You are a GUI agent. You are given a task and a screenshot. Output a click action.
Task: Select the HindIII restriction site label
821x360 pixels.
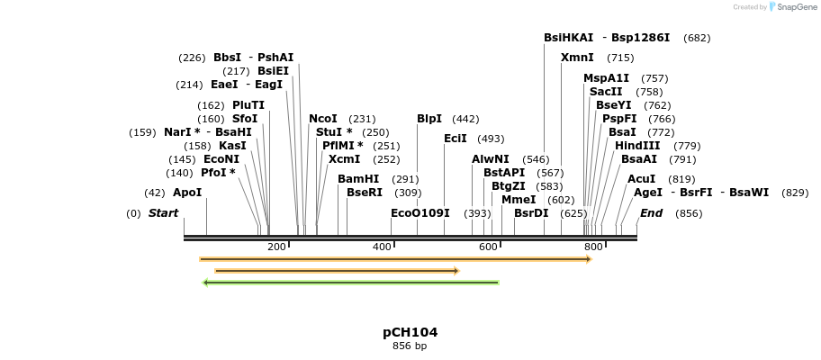point(637,146)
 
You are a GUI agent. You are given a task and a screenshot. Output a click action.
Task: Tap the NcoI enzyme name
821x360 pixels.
point(323,119)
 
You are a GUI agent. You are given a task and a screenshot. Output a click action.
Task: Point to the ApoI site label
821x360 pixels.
point(187,193)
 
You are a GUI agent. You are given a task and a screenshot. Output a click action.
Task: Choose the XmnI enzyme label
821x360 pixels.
point(577,58)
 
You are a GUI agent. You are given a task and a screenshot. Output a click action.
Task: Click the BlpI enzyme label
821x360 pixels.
point(429,119)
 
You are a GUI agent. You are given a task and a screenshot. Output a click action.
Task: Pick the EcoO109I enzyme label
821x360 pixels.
point(420,213)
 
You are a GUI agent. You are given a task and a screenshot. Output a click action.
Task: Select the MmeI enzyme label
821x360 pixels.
point(519,200)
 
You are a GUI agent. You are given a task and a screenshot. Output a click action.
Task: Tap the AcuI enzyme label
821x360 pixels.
point(642,179)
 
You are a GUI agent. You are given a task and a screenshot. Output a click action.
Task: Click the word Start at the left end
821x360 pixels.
point(164,213)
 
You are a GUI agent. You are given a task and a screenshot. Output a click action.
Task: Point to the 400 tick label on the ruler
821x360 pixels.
point(383,247)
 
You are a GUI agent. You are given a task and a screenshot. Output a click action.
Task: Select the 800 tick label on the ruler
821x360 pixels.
point(593,247)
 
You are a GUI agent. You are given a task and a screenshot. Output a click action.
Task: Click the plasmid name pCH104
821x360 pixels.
point(410,332)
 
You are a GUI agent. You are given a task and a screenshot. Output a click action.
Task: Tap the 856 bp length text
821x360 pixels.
point(410,346)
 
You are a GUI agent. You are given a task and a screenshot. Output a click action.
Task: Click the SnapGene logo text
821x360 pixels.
point(790,7)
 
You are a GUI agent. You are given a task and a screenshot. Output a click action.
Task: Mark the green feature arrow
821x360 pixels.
point(351,283)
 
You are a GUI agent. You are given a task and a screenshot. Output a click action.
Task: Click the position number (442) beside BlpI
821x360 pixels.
point(465,119)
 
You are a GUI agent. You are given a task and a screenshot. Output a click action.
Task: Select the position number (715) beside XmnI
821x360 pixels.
point(620,58)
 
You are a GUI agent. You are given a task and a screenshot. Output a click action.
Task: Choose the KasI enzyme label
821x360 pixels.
point(232,146)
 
